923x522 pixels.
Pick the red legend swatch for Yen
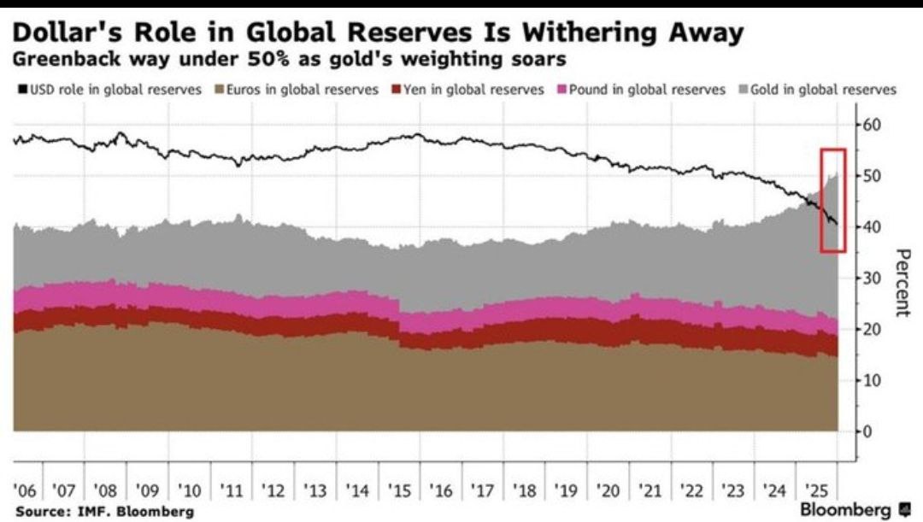pyautogui.click(x=394, y=89)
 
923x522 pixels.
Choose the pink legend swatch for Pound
pyautogui.click(x=561, y=89)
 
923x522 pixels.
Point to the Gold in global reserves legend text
pyautogui.click(x=824, y=89)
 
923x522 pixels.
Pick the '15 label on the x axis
pyautogui.click(x=400, y=490)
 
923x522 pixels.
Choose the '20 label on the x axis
pyautogui.click(x=608, y=490)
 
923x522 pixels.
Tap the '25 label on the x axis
pyautogui.click(x=817, y=490)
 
